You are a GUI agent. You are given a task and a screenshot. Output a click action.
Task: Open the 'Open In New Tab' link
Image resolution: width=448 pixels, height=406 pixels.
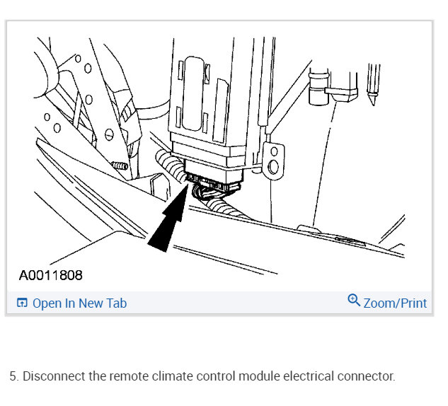[79, 303]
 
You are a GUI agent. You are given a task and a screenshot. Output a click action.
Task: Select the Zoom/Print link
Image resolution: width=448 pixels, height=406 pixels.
[394, 303]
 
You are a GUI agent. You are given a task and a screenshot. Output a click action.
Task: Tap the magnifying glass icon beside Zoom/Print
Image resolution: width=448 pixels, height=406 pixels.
[354, 301]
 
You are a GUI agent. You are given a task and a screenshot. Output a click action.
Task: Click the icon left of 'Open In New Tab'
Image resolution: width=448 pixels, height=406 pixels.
[22, 303]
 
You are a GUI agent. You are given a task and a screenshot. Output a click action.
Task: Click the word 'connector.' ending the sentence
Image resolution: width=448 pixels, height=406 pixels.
[366, 376]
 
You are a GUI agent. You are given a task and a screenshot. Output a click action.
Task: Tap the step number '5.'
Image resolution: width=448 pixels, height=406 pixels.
[13, 376]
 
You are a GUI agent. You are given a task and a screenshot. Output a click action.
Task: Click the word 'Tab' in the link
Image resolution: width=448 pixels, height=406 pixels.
[117, 303]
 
